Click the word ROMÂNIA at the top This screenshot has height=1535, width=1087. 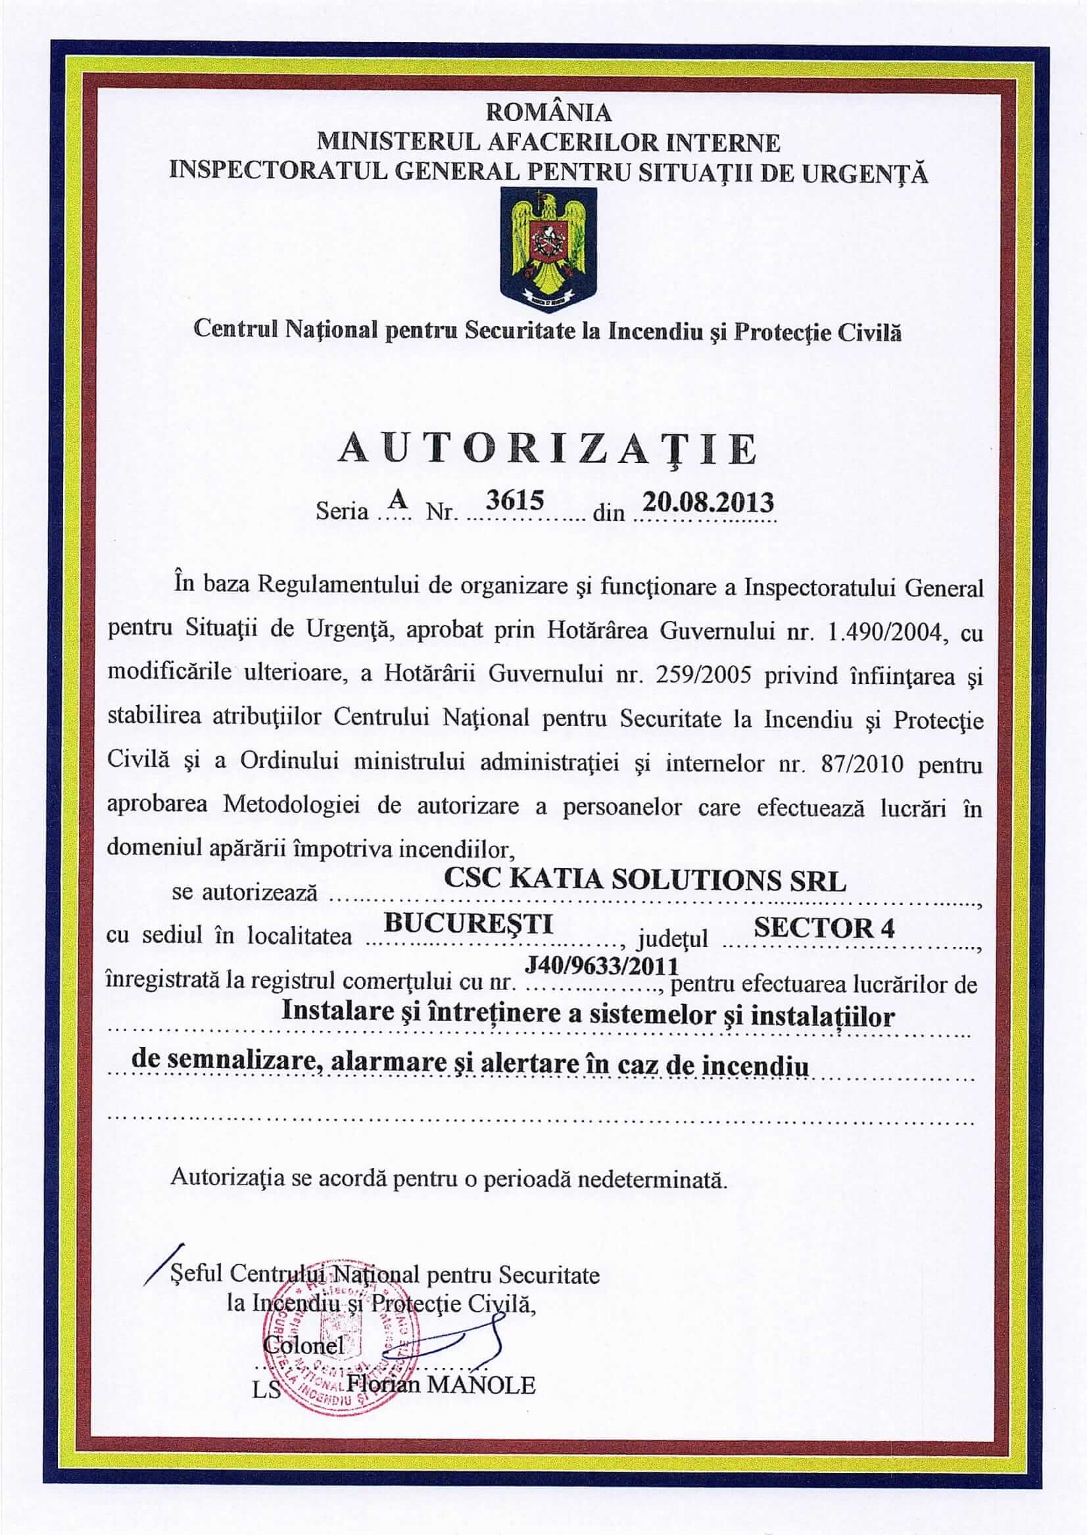point(548,112)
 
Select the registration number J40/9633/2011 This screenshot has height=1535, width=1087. point(602,965)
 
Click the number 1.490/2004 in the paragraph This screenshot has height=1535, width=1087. point(885,632)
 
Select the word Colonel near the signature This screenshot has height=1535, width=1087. point(304,1344)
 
